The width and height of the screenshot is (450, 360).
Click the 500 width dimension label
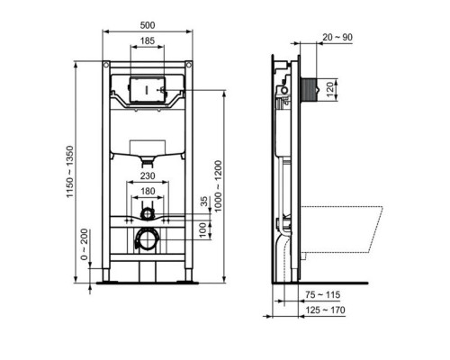pyautogui.click(x=148, y=25)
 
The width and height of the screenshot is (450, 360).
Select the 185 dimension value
pyautogui.click(x=148, y=40)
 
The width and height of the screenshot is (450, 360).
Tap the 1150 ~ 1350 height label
pyautogui.click(x=69, y=172)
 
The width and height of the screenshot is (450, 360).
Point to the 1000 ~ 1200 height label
pyautogui.click(x=218, y=186)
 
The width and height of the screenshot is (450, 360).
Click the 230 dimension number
pyautogui.click(x=148, y=175)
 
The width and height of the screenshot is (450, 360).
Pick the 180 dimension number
pyautogui.click(x=148, y=191)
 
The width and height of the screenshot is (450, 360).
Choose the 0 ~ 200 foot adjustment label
pyautogui.click(x=85, y=244)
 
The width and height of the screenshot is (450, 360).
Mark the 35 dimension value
pyautogui.click(x=204, y=202)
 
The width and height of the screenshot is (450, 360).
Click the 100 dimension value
pyautogui.click(x=204, y=229)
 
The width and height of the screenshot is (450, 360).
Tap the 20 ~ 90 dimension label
pyautogui.click(x=337, y=37)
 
